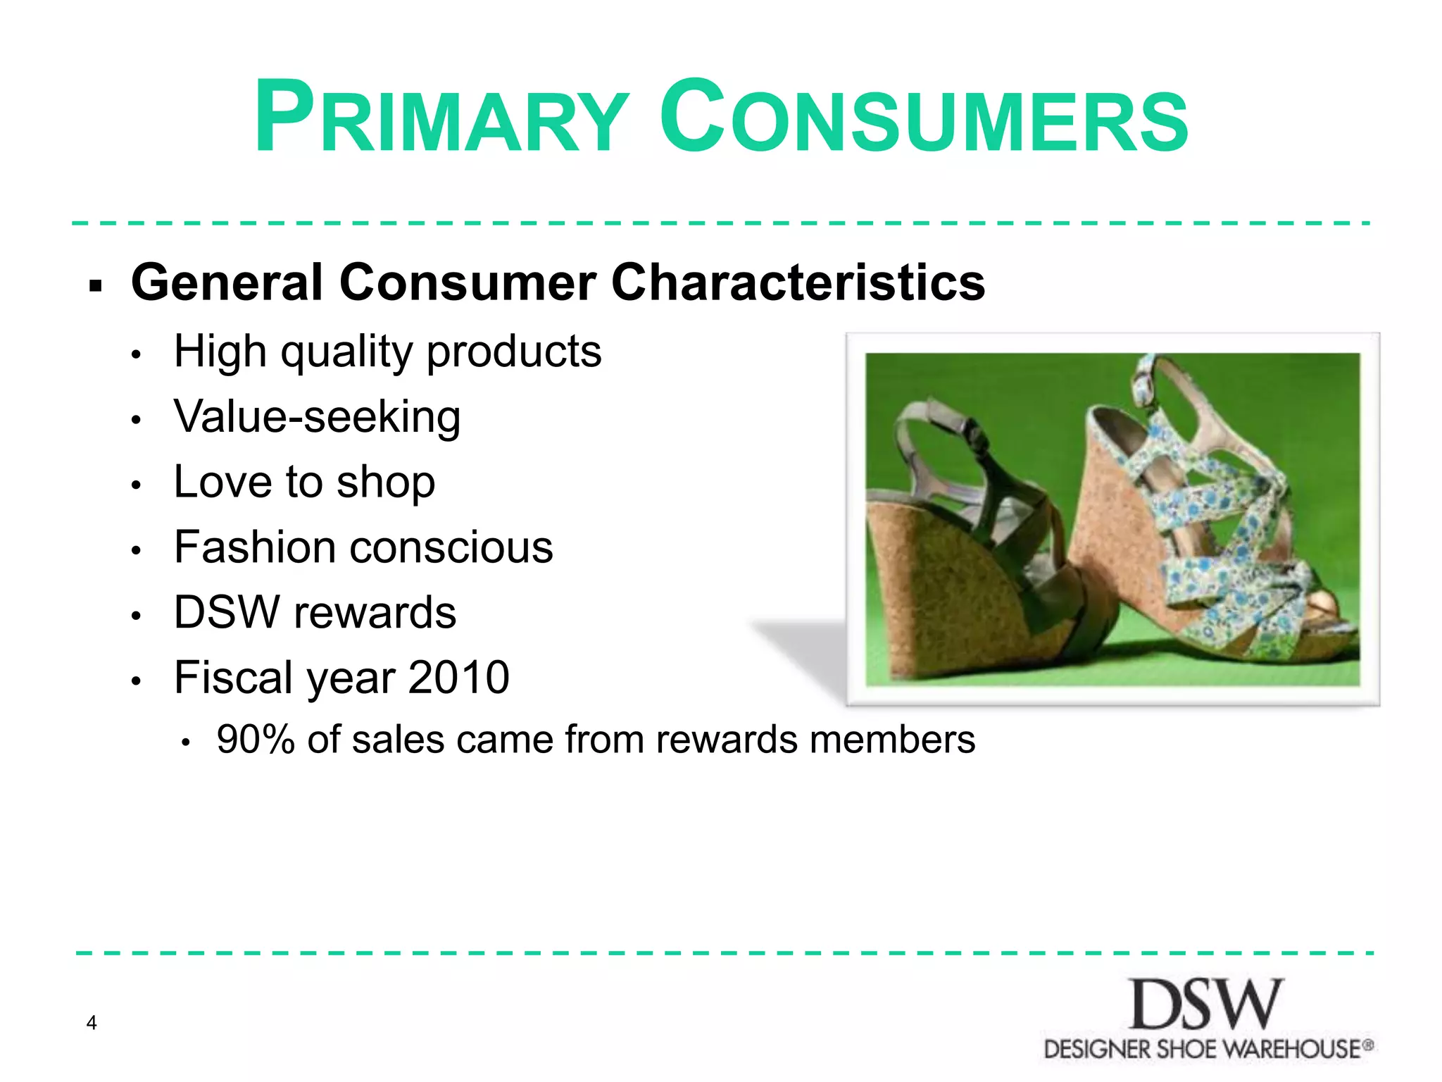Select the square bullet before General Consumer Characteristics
[x=96, y=286]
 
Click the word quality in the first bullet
[x=346, y=352]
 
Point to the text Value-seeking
[x=317, y=417]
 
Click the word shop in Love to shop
[x=385, y=483]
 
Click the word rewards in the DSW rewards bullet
[x=375, y=612]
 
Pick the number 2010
[x=458, y=678]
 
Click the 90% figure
[x=256, y=740]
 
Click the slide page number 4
[x=92, y=1022]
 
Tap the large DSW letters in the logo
[x=1206, y=1005]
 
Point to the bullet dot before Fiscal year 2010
[x=137, y=681]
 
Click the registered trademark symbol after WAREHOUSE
[x=1367, y=1045]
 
